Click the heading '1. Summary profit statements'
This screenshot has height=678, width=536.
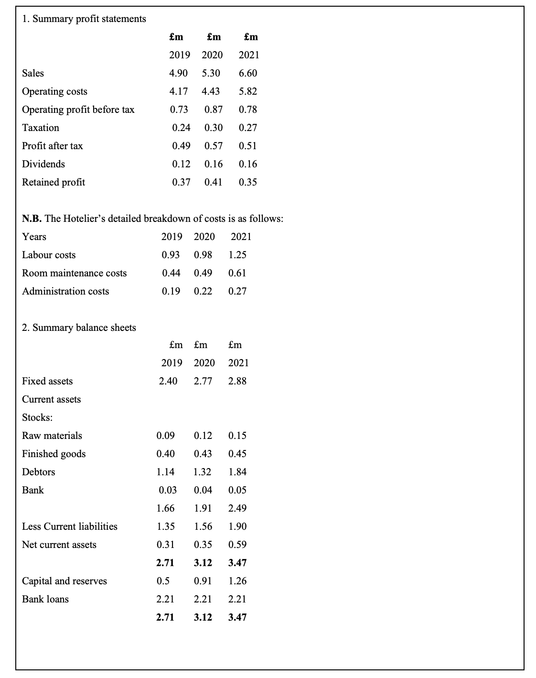click(84, 19)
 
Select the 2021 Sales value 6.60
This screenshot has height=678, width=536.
click(248, 73)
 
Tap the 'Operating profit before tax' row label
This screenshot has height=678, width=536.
click(78, 109)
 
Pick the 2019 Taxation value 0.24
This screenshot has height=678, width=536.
click(181, 128)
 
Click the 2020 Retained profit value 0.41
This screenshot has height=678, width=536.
click(213, 182)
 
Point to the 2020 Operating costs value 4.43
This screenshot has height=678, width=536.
click(211, 91)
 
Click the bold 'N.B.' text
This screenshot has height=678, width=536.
click(32, 219)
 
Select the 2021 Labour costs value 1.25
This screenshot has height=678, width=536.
click(237, 255)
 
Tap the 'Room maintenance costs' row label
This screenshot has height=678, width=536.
click(75, 273)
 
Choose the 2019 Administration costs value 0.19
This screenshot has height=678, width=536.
click(171, 291)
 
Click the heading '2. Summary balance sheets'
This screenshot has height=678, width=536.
click(79, 328)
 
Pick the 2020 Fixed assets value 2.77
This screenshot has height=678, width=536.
click(203, 381)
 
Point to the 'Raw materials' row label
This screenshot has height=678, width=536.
click(52, 436)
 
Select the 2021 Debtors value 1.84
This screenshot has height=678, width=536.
click(237, 472)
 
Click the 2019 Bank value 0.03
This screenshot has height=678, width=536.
click(168, 490)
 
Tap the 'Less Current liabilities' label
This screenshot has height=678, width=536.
click(70, 526)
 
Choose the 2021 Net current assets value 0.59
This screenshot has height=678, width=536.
click(237, 545)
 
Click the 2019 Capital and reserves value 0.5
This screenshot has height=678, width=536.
click(163, 581)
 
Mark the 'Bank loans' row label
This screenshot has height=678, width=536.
click(45, 599)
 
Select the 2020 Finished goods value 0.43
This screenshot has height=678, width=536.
click(203, 454)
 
